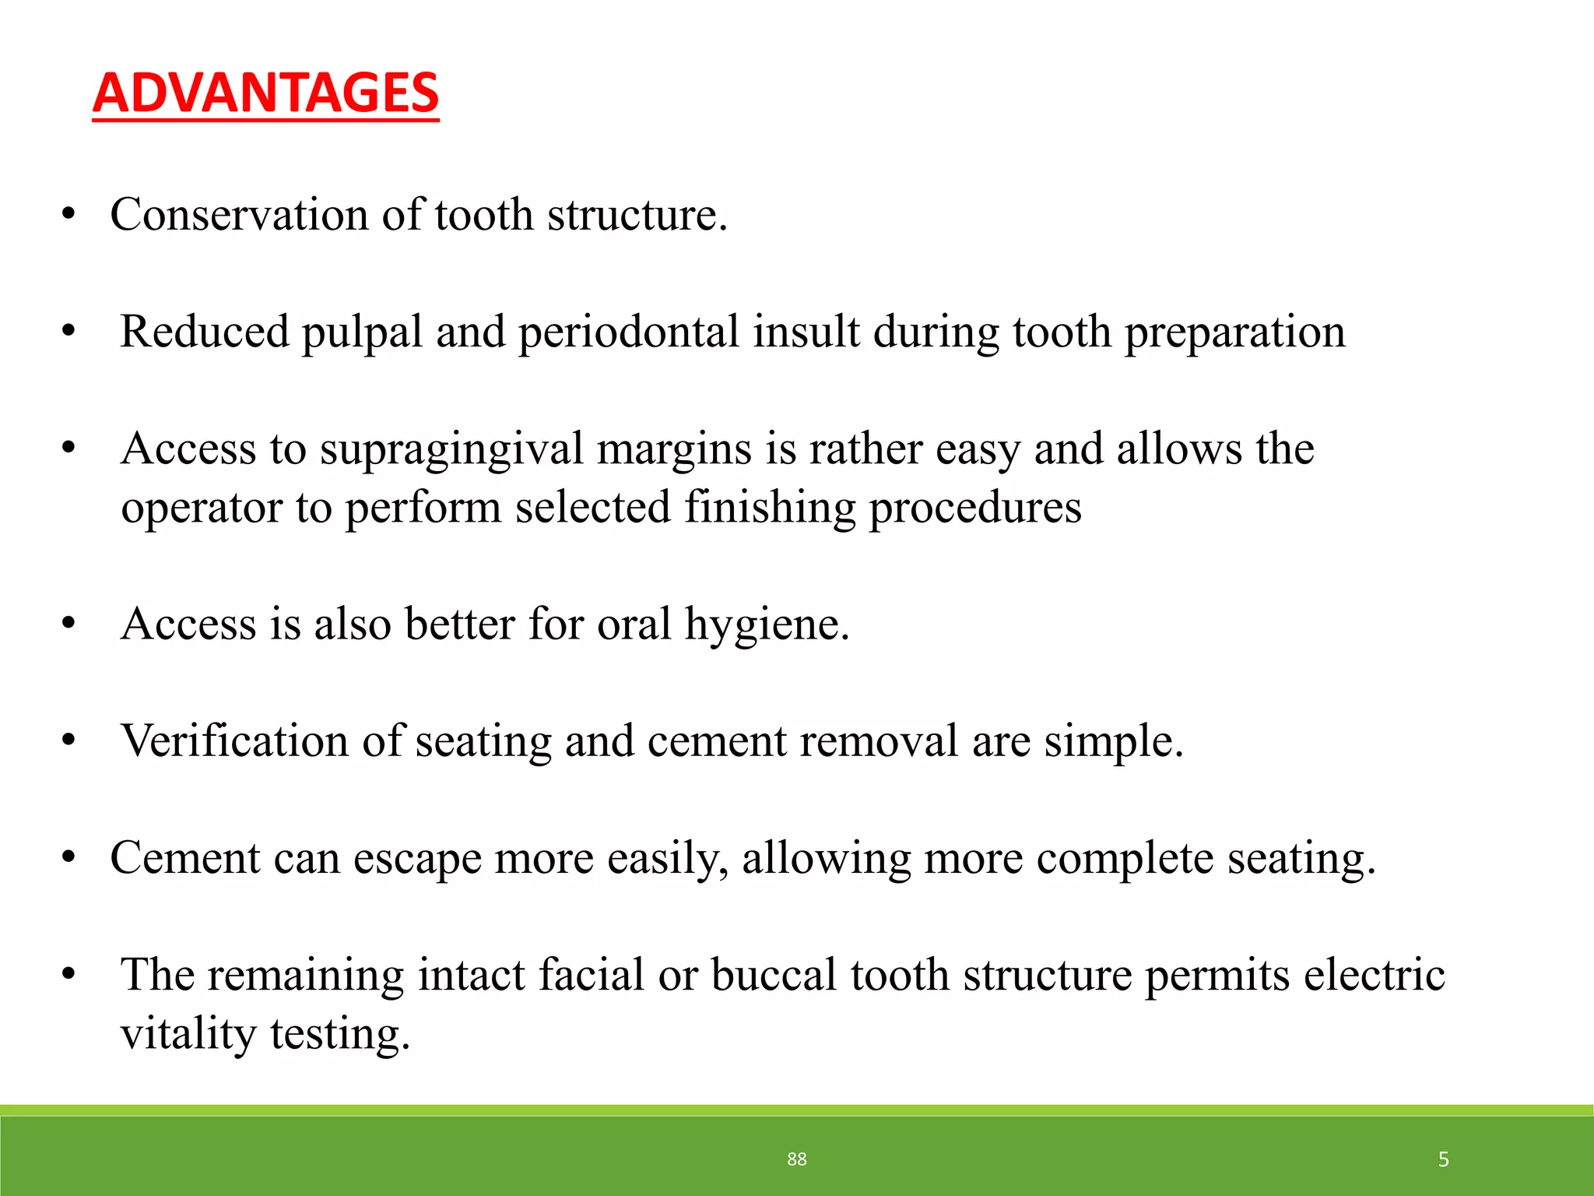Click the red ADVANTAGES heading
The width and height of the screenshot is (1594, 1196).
pos(265,93)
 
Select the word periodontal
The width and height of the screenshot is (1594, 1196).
pos(629,332)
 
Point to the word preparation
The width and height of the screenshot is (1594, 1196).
pos(1234,332)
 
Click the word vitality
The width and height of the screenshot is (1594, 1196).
pos(188,1034)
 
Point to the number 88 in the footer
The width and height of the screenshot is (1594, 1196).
pos(796,1159)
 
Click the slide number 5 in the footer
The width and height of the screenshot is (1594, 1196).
pos(1443,1159)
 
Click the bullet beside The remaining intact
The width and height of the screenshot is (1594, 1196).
pos(69,975)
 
